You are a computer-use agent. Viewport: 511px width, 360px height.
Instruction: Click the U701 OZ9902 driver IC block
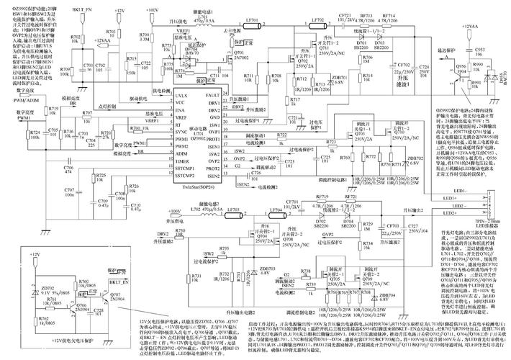[x=194, y=134]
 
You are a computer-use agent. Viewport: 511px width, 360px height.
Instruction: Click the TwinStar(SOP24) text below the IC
[x=194, y=185]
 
